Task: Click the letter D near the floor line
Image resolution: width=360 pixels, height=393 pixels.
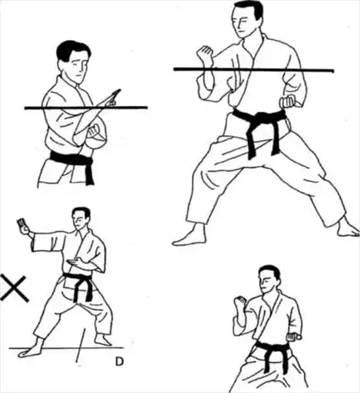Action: (x=119, y=362)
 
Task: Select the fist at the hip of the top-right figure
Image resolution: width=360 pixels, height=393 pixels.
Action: (x=288, y=102)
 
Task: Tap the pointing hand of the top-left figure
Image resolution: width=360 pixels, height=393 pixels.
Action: (x=111, y=97)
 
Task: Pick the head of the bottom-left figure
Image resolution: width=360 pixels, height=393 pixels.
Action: (x=81, y=218)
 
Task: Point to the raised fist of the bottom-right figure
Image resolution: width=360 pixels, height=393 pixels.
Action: (x=239, y=303)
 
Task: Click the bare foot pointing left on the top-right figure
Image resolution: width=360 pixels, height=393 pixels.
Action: (x=190, y=236)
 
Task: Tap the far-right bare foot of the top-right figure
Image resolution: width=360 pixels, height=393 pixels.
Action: (x=348, y=228)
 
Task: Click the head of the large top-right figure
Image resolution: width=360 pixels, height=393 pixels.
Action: (x=246, y=18)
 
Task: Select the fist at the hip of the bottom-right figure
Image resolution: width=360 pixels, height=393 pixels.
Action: (x=294, y=336)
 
